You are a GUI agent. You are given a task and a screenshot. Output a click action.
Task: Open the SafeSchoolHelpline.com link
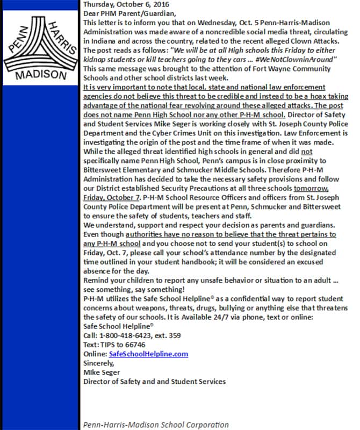(148, 354)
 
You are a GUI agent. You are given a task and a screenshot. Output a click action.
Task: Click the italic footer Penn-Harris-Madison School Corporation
(156, 425)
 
